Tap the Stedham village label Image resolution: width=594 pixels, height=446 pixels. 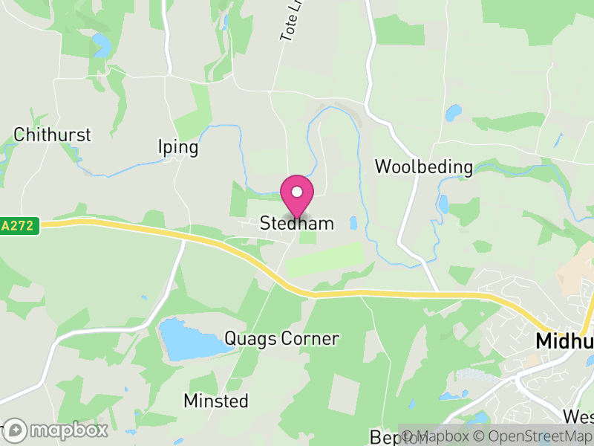tap(297, 223)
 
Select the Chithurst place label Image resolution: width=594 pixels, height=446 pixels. tap(52, 135)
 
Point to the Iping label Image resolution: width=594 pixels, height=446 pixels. tap(178, 147)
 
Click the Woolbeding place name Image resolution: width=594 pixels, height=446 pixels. tap(424, 167)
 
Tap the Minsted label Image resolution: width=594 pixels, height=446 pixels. tap(216, 401)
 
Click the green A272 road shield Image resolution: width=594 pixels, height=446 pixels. tap(19, 226)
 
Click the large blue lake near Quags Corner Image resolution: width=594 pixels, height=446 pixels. tap(189, 338)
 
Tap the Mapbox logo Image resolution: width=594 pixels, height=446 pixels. tap(57, 430)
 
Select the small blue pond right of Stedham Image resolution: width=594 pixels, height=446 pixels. tap(353, 223)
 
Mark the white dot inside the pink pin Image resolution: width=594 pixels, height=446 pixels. tap(297, 192)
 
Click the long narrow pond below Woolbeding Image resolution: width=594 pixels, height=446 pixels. tap(444, 204)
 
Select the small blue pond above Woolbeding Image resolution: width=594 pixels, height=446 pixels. tap(453, 113)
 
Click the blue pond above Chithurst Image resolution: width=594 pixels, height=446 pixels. tap(100, 46)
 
